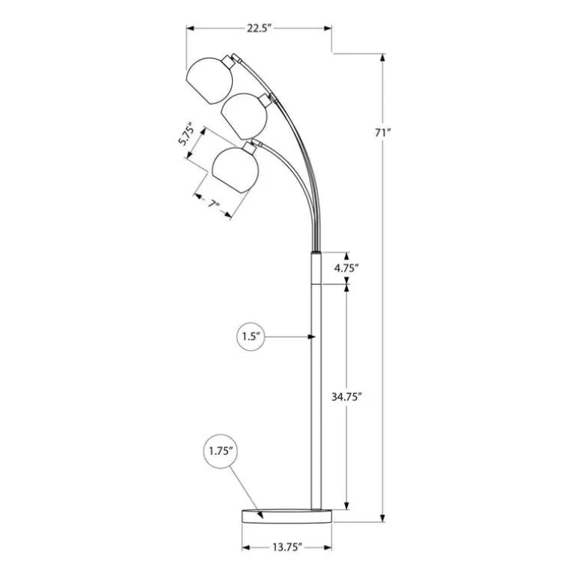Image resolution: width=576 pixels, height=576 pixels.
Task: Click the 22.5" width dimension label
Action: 259,28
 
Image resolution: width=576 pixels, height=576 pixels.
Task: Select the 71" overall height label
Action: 382,132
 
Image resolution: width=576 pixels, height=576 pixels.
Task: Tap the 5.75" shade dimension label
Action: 186,134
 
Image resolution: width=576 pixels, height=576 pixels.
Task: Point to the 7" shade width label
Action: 213,204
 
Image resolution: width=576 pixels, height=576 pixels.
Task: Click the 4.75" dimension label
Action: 346,268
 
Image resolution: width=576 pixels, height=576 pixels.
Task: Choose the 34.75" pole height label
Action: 347,396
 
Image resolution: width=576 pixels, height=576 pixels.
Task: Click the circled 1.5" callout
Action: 251,336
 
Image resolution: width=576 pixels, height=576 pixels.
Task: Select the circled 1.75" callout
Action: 221,451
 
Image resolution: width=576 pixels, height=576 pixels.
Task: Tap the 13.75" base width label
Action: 287,548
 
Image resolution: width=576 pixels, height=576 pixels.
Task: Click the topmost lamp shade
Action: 209,81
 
